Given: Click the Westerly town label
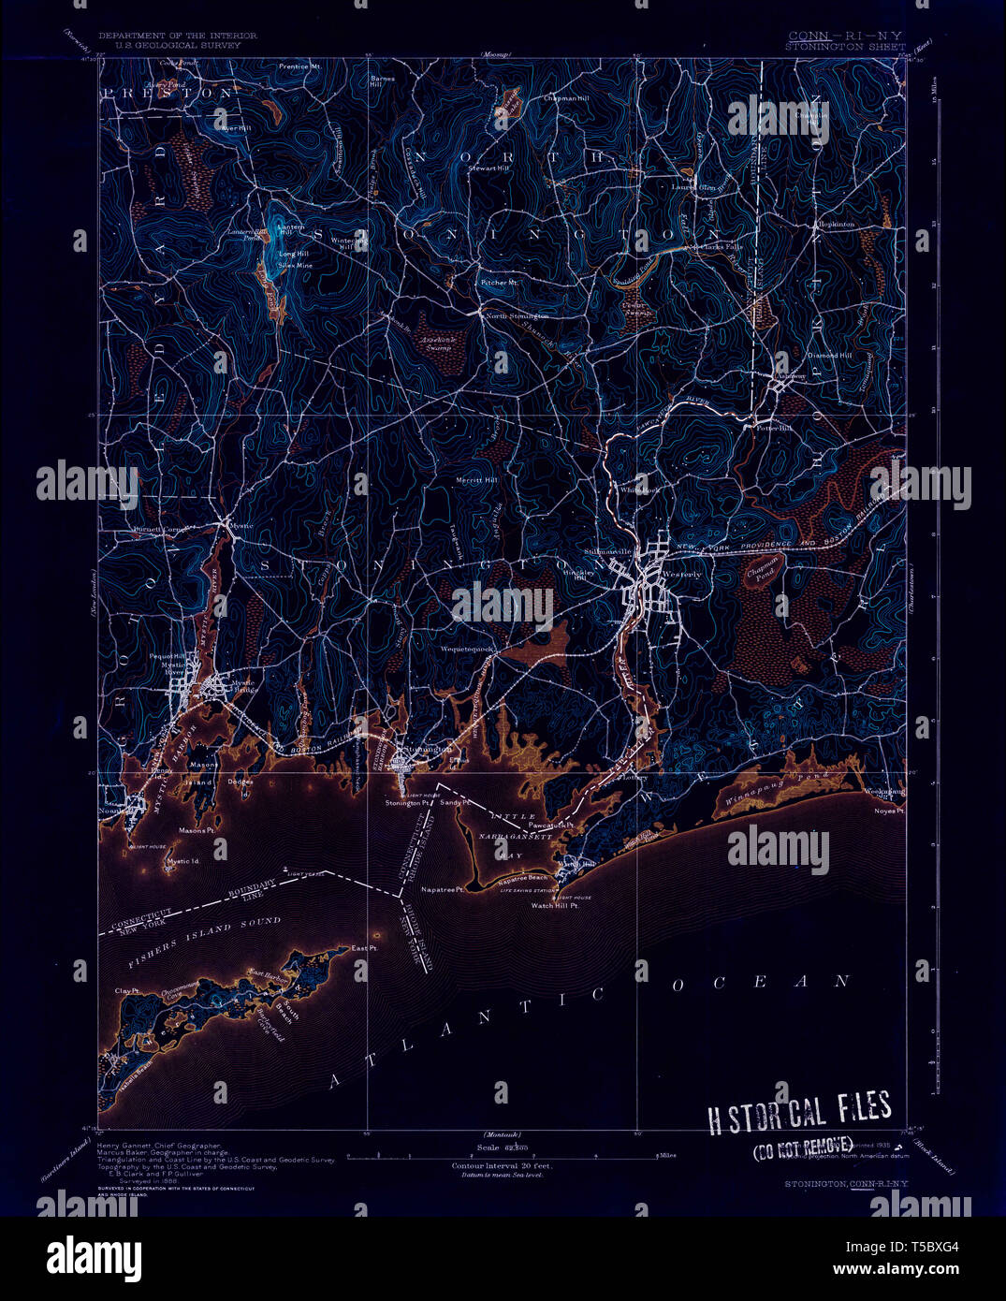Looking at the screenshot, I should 681,574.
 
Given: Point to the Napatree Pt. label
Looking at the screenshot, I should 442,889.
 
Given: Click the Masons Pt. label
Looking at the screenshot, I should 197,830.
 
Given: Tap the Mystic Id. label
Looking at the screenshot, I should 183,861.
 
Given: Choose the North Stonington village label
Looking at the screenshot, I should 517,316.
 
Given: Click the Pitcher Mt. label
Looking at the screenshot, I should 500,282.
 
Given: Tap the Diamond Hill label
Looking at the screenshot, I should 830,356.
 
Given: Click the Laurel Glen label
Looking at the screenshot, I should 693,186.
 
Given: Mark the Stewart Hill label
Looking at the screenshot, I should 488,168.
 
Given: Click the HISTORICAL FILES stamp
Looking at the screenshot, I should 798,1111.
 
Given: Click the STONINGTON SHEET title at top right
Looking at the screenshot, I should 845,45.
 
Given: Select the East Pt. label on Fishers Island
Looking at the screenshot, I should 364,948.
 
